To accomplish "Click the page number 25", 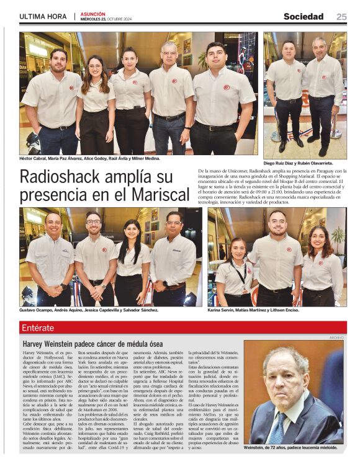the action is [341, 17].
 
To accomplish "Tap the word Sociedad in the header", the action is [304, 17].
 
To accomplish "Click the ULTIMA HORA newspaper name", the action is [43, 17].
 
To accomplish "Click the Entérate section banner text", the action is [38, 328].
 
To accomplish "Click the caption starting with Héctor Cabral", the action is [89, 159].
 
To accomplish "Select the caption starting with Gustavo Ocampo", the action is [89, 310].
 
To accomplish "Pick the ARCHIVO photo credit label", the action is [336, 337].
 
